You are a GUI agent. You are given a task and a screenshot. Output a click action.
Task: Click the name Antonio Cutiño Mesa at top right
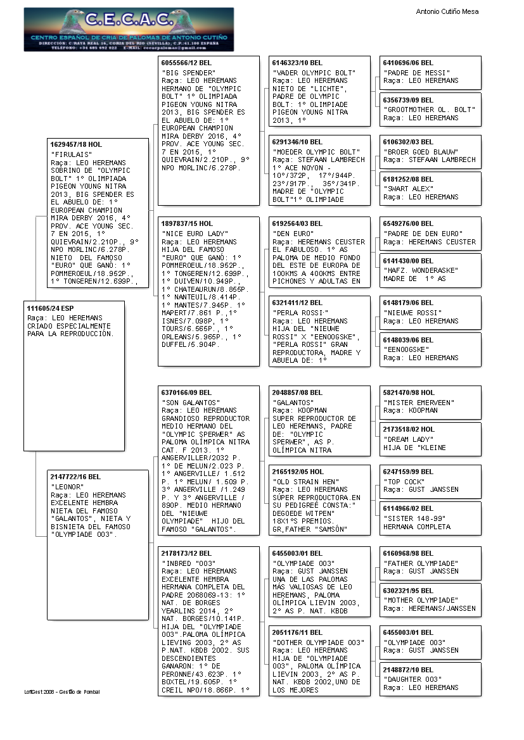[447, 11]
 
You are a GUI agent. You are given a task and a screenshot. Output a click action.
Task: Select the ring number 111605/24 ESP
[50, 308]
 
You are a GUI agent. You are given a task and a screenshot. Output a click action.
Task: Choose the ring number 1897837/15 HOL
[188, 223]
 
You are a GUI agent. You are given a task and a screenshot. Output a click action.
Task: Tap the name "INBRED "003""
[189, 563]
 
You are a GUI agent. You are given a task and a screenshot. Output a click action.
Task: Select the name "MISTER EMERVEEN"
[419, 402]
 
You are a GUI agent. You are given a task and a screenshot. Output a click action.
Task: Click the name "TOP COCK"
[404, 481]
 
